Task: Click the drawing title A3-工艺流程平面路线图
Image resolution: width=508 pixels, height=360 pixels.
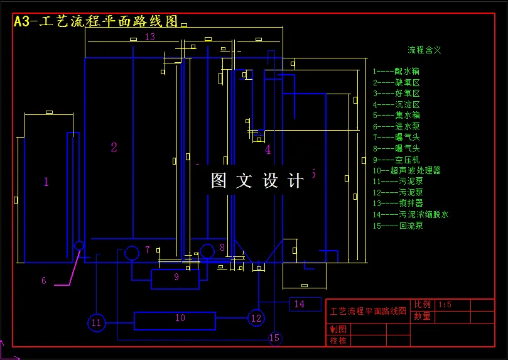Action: tap(96, 21)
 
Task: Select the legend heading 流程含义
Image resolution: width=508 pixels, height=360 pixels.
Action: tap(424, 50)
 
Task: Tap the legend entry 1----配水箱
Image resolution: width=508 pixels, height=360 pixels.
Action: tap(396, 72)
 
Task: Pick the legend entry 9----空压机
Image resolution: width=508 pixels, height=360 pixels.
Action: tap(396, 160)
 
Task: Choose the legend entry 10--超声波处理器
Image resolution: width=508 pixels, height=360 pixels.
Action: tap(406, 170)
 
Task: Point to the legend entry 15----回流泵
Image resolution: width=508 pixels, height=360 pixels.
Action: tap(398, 226)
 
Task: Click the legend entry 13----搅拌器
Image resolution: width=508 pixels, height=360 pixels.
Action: tap(398, 203)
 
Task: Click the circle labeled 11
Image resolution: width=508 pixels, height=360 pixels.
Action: tap(96, 323)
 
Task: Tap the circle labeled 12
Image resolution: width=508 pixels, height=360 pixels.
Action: tap(256, 318)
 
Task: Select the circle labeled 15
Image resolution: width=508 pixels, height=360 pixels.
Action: tap(274, 339)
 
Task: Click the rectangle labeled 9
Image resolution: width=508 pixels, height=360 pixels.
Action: tap(175, 278)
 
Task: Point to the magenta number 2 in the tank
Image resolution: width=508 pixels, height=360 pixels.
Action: tap(114, 148)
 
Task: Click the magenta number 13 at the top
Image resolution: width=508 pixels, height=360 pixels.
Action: tap(149, 37)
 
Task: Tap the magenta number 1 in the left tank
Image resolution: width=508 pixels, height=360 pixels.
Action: tap(46, 182)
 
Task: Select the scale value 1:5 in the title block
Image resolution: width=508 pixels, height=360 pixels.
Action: tap(445, 305)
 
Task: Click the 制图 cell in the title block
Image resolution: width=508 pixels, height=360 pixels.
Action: tap(338, 329)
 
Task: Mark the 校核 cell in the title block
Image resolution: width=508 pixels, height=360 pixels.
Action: tap(338, 341)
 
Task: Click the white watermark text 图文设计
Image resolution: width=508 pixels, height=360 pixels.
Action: tap(257, 181)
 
